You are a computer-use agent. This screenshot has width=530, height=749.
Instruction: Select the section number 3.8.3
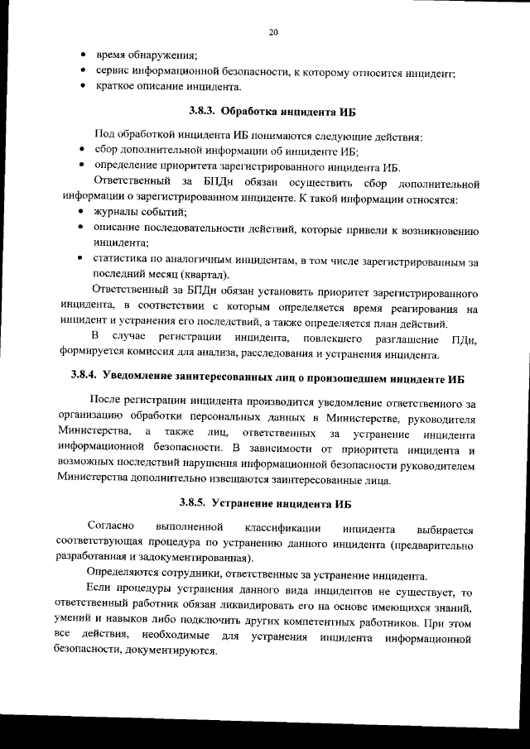click(203, 111)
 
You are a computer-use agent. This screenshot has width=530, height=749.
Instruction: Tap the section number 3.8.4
click(84, 378)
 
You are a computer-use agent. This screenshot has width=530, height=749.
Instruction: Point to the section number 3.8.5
click(195, 502)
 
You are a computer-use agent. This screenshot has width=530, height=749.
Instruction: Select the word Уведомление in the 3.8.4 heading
click(146, 378)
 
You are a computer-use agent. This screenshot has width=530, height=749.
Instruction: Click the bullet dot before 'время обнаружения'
click(84, 55)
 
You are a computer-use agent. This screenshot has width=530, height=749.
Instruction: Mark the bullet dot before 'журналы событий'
click(84, 214)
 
